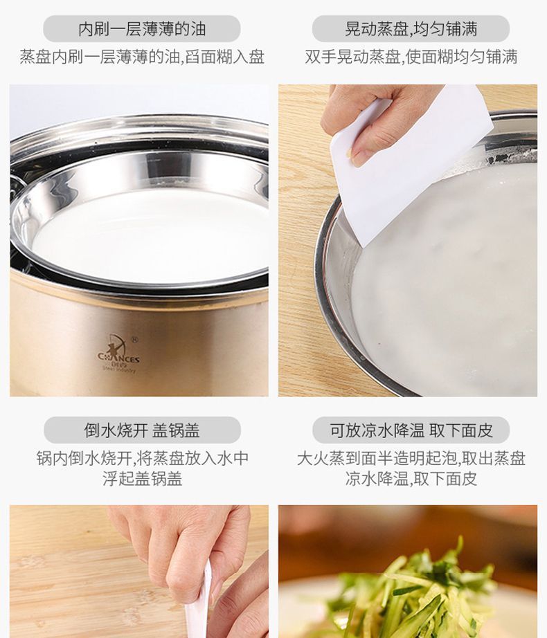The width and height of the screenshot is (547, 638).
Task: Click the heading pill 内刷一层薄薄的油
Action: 142,29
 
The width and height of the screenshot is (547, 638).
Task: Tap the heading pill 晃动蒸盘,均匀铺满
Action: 411,29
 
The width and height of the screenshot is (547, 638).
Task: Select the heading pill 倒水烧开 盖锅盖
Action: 142,430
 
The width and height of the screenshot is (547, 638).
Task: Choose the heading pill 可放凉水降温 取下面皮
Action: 411,430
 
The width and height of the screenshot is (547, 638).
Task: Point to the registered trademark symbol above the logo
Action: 136,339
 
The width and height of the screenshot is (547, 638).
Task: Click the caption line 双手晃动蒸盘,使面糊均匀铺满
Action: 411,57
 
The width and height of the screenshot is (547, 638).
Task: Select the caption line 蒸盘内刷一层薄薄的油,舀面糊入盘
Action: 142,57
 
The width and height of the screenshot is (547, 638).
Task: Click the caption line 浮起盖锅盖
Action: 142,479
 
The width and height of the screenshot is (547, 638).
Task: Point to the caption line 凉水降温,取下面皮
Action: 411,479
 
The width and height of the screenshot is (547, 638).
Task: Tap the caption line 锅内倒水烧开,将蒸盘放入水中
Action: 142,459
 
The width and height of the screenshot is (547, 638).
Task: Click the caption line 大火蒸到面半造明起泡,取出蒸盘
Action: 411,459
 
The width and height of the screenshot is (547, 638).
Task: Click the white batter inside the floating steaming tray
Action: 150,236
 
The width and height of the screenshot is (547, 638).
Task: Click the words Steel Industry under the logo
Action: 118,369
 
